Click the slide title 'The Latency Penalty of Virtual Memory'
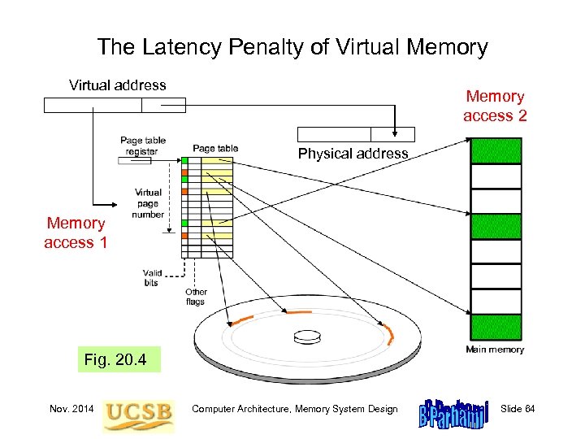(x=292, y=47)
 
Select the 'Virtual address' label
(x=118, y=85)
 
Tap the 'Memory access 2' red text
(x=495, y=106)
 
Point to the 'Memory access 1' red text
(x=76, y=233)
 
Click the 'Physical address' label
(x=353, y=154)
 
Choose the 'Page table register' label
(x=143, y=146)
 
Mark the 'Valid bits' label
(x=152, y=278)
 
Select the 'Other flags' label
(x=196, y=297)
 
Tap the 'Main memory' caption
(x=495, y=350)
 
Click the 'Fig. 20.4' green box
(x=115, y=359)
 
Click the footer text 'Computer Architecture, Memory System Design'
(x=295, y=409)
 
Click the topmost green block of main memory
(x=496, y=151)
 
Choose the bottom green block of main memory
(x=496, y=328)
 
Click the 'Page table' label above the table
(x=215, y=148)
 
